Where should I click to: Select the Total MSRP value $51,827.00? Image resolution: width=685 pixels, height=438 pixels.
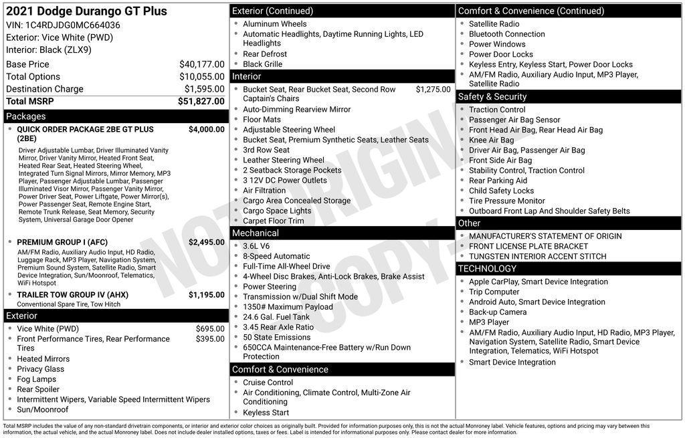tap(201, 102)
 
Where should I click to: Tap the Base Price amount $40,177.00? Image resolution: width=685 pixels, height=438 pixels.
tap(201, 64)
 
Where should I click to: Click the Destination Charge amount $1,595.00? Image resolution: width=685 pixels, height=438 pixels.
tap(204, 89)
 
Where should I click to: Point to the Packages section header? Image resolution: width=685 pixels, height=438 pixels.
tap(26, 116)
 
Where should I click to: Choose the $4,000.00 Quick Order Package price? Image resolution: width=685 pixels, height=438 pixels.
tap(206, 130)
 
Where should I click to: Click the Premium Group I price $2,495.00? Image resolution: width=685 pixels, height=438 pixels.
tap(206, 242)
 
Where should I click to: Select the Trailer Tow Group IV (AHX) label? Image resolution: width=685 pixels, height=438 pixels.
tap(72, 295)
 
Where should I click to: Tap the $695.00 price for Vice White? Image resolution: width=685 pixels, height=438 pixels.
tap(210, 329)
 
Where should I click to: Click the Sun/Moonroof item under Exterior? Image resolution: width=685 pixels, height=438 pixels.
tap(43, 410)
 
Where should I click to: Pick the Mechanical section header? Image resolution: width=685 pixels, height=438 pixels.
tap(256, 233)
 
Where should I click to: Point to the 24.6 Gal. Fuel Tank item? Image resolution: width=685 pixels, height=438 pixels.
tap(276, 317)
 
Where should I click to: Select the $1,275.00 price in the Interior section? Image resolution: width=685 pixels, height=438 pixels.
tap(433, 89)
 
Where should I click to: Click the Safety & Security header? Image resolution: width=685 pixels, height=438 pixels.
tap(492, 97)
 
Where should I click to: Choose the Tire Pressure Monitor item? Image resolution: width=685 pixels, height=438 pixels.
tap(506, 201)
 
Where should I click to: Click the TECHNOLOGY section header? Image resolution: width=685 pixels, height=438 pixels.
tap(487, 269)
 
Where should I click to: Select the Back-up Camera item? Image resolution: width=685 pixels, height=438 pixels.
tap(498, 312)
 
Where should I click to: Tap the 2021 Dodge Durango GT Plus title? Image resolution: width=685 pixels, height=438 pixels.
tap(87, 11)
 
